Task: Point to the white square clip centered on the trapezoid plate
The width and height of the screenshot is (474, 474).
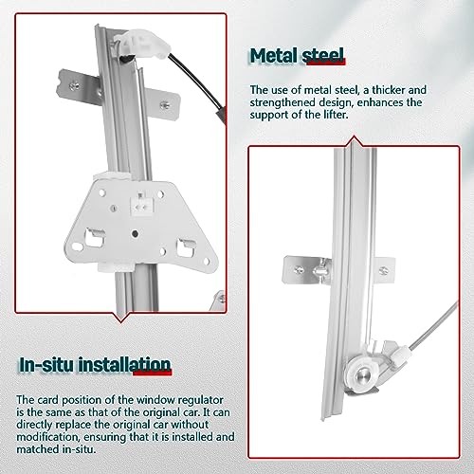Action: point(140,201)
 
